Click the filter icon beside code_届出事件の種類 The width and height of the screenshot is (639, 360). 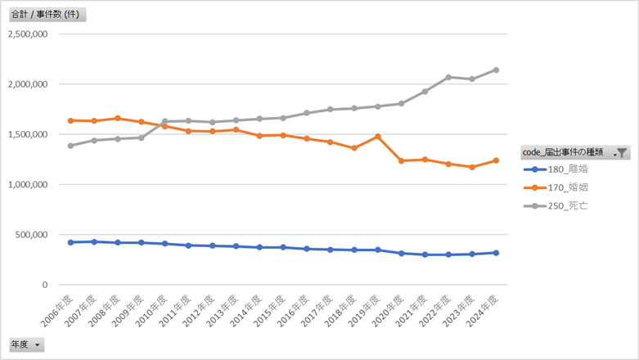(622, 152)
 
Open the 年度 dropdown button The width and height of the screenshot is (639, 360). (37, 345)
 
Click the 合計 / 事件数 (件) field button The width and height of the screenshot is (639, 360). (47, 14)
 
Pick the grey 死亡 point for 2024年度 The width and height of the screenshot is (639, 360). (496, 70)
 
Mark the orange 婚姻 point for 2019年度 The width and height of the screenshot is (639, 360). (377, 137)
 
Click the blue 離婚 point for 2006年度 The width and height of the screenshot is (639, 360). (71, 242)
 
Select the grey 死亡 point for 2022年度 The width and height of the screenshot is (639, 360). (448, 77)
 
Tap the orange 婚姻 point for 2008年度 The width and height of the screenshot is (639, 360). (118, 118)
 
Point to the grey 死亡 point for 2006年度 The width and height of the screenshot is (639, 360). (71, 146)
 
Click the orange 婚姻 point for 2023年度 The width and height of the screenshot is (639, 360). (472, 167)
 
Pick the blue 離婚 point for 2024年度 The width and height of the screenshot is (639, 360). (496, 253)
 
